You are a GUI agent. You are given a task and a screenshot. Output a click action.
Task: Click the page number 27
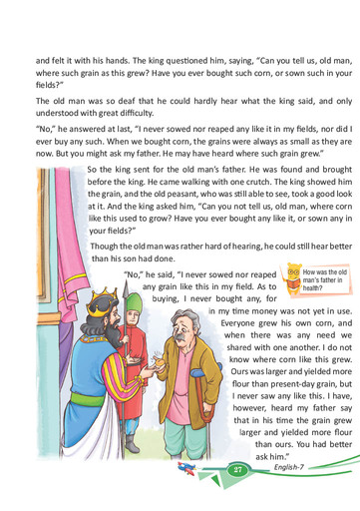(x=237, y=471)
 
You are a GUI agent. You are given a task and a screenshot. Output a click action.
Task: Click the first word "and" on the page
(x=45, y=59)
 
